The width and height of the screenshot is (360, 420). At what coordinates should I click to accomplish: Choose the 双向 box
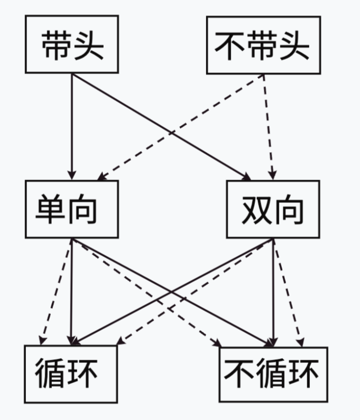(x=273, y=210)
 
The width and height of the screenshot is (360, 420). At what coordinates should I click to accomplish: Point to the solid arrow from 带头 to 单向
(x=71, y=127)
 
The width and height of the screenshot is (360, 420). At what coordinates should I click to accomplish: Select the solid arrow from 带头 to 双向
(x=159, y=126)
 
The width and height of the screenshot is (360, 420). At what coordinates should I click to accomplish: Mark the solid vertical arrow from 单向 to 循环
(x=71, y=291)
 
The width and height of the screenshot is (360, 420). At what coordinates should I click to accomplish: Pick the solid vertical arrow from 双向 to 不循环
(x=272, y=291)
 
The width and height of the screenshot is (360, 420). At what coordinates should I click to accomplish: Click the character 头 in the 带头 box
(x=88, y=45)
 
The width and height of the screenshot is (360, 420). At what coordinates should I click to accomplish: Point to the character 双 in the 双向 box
(x=255, y=210)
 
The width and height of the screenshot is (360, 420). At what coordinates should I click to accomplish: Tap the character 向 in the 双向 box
(x=290, y=210)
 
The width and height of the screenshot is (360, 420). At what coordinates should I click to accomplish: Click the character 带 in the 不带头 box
(x=263, y=45)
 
